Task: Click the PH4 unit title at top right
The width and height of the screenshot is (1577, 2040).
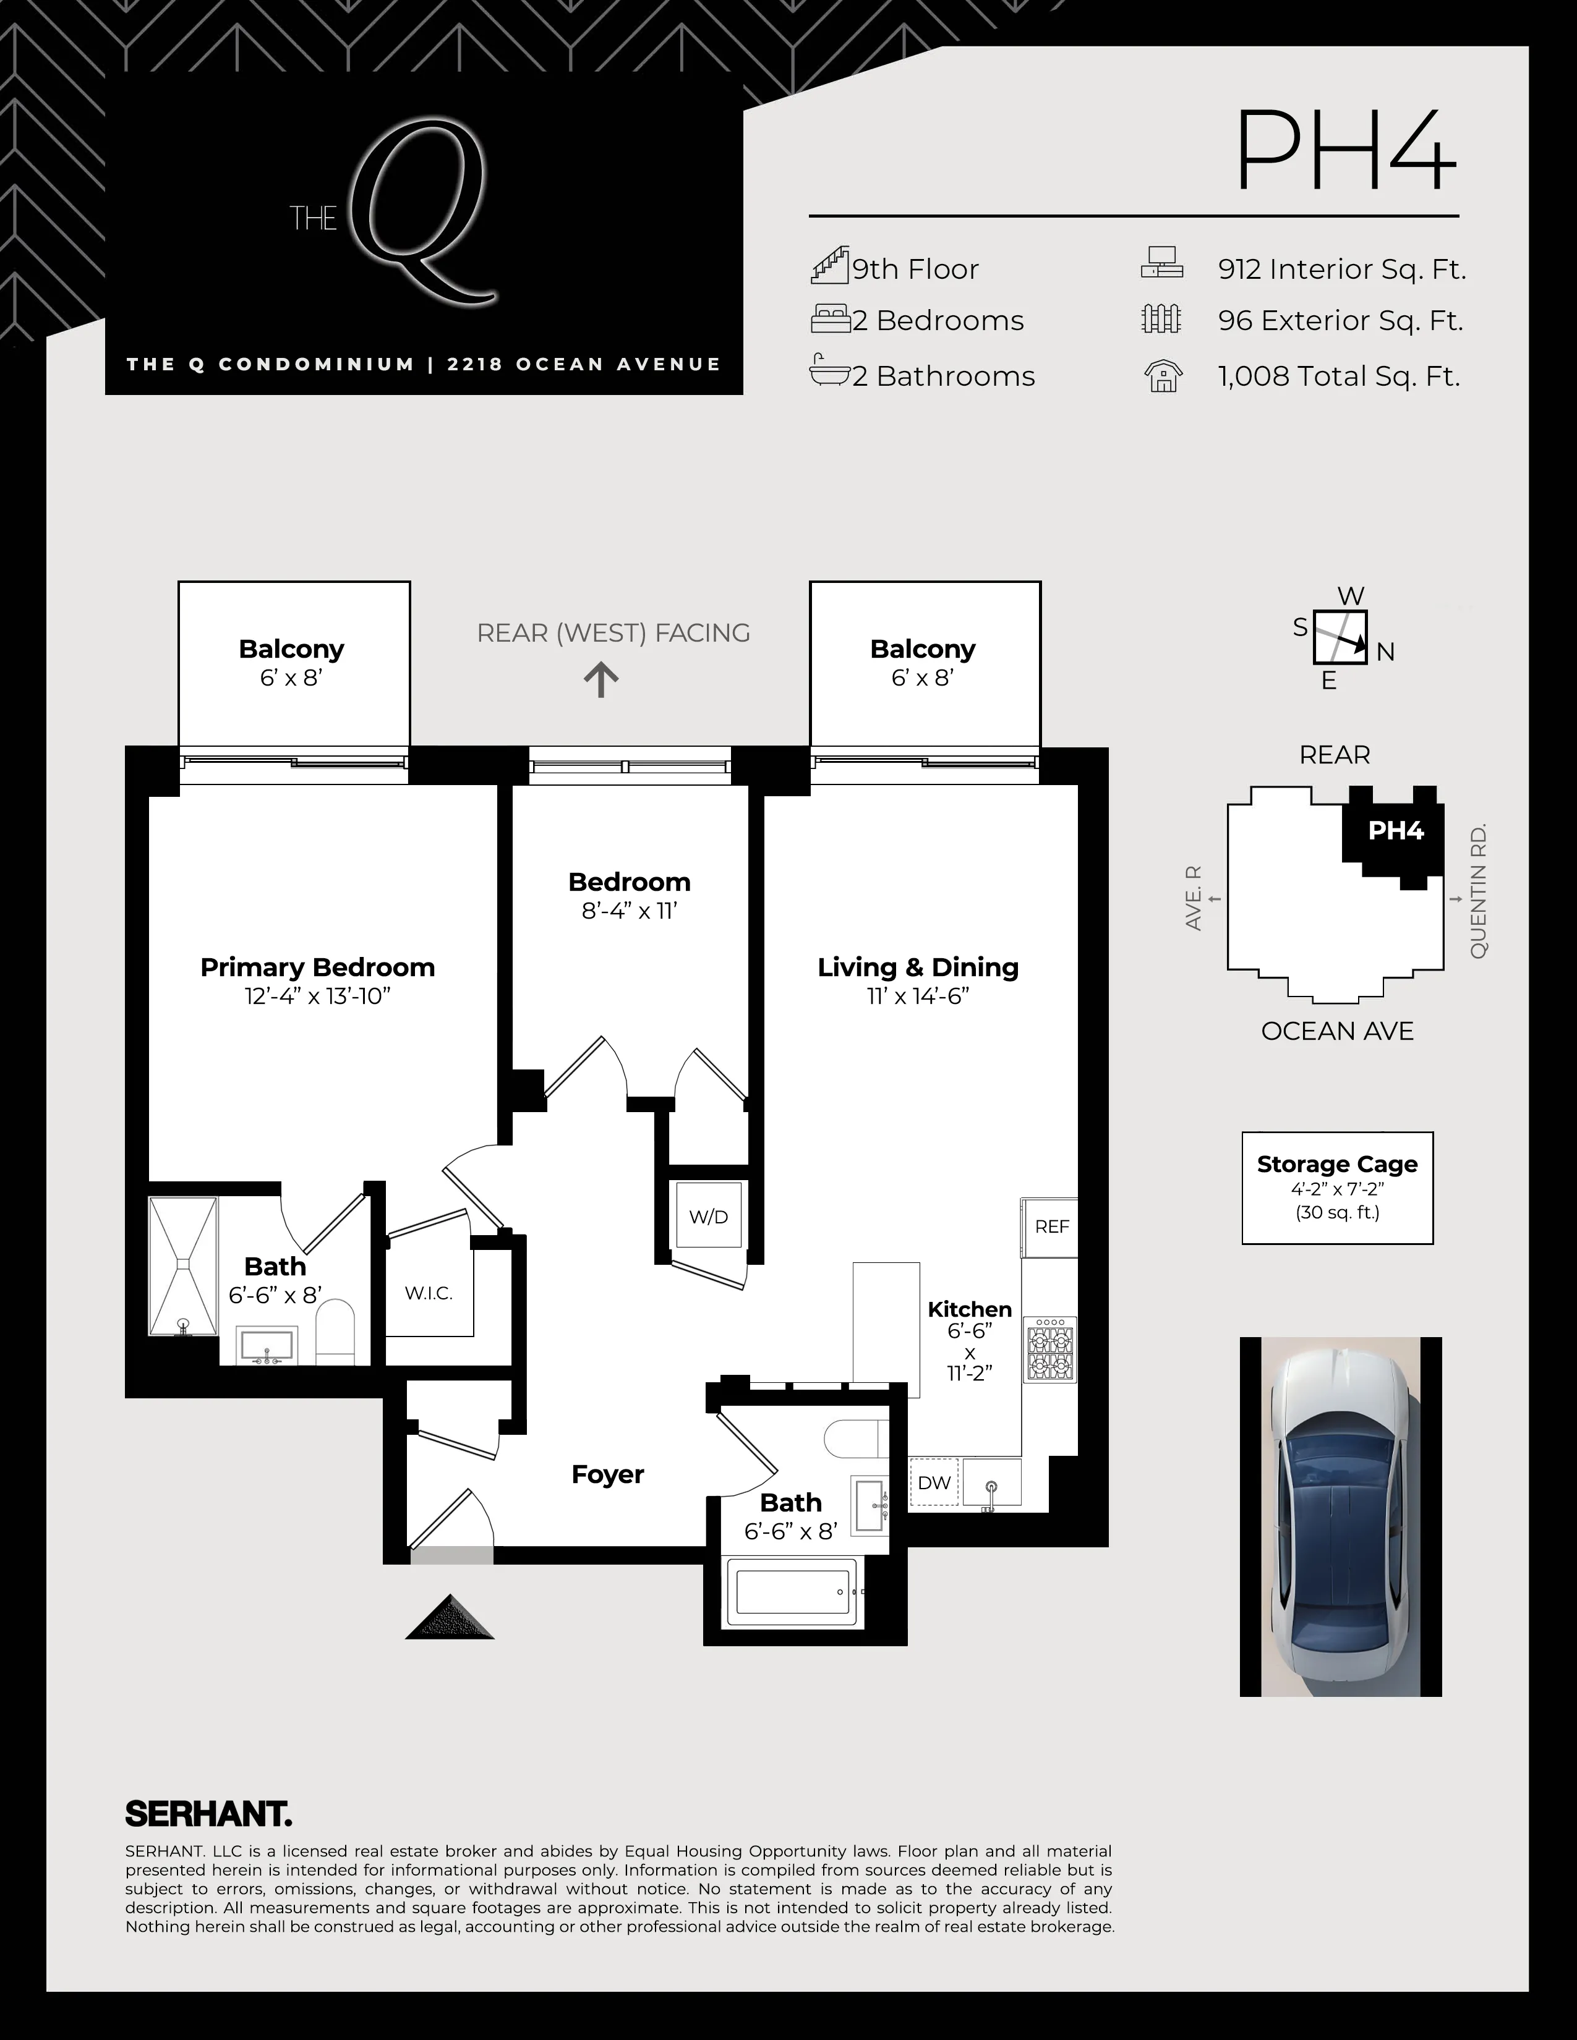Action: coord(1345,151)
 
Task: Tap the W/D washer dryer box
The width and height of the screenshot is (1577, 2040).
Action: coord(708,1215)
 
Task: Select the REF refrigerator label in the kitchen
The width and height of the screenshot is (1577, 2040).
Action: coord(1051,1226)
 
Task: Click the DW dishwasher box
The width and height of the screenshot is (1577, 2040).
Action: coord(934,1482)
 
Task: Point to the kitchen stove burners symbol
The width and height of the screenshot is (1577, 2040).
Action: coord(1051,1349)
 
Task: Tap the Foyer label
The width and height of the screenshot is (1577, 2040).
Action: coord(607,1474)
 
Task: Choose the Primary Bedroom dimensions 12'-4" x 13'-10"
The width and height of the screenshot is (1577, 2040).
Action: coord(318,997)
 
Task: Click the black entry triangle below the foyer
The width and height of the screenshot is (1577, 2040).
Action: coord(450,1618)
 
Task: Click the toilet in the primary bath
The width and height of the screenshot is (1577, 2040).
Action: coord(335,1330)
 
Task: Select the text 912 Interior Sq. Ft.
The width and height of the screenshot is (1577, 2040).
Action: coord(1341,269)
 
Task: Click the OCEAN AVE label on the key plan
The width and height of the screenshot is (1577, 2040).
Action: coord(1337,1031)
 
